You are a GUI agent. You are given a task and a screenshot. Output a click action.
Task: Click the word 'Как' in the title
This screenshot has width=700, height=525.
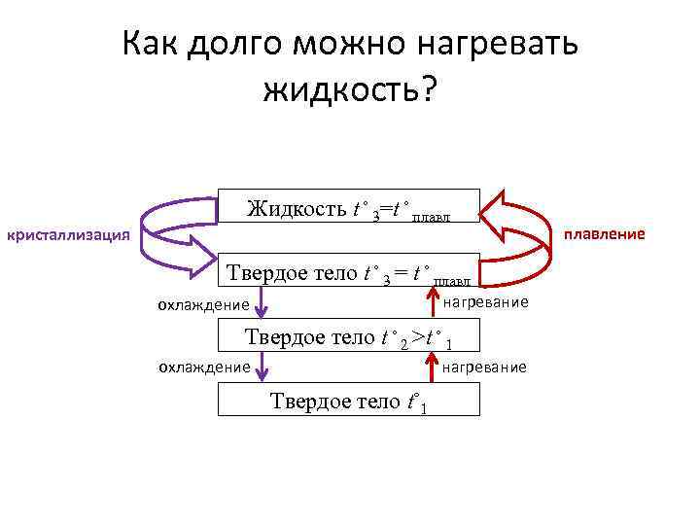(153, 45)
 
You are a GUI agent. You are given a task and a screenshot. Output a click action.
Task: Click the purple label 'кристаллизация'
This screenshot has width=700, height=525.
(68, 234)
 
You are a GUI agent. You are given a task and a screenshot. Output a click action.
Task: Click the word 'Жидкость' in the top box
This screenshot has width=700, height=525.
(296, 208)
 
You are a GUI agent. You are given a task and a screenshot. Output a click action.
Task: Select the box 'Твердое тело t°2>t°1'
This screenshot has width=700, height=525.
(348, 338)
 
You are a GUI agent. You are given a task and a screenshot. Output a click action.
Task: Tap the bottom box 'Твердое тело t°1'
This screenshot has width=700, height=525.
(348, 400)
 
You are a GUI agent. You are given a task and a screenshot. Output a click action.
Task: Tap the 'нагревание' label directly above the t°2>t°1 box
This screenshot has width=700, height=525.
(485, 303)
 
